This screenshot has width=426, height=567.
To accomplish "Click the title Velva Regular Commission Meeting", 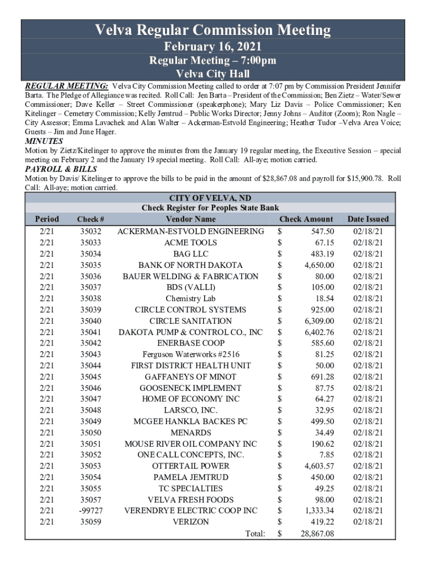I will pos(213,30).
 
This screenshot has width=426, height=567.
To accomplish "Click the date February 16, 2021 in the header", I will pos(213,47).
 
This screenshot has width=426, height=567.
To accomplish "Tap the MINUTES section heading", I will pos(44,141).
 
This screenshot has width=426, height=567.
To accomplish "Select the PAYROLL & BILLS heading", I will pos(61,169).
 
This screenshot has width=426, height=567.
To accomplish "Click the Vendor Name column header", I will pos(190,219).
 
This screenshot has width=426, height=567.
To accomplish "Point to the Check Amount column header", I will pos(306,219).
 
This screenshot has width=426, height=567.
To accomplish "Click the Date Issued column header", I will pos(368,219).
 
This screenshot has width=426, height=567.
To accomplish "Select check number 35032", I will pos(91,231).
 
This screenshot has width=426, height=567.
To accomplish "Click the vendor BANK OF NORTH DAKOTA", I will pos(190,265).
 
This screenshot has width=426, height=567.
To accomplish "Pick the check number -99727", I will pos(91,511).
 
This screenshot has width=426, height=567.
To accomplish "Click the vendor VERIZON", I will pos(190,522).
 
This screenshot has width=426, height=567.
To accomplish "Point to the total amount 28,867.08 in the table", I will pos(317,534).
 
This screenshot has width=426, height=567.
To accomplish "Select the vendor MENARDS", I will pos(190,432).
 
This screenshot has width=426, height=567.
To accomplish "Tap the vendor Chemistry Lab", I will pos(190,298).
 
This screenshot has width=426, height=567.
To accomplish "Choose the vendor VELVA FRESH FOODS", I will pos(190,499).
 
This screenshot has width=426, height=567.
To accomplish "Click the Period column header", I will pos(46,219).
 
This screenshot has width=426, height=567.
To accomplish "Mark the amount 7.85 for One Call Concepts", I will pos(326,455).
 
